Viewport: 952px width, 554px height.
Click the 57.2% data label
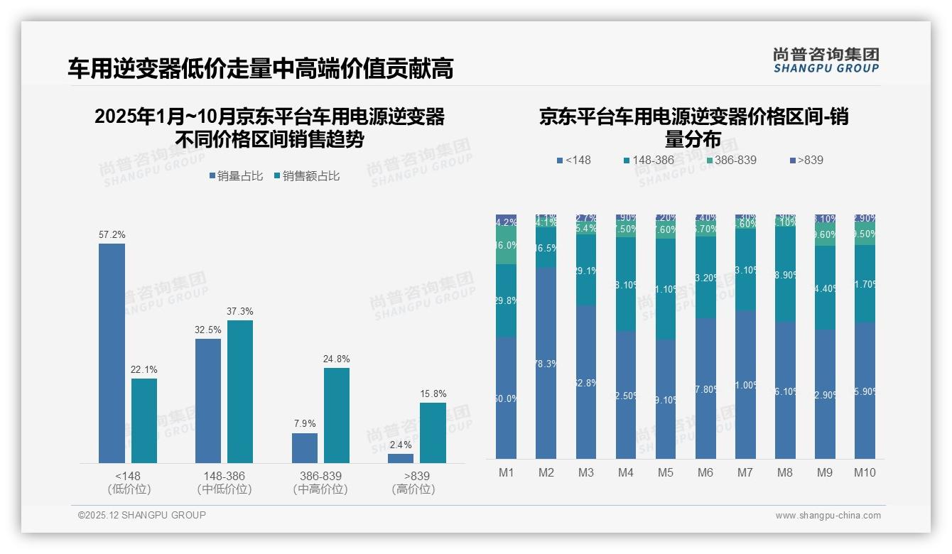112,234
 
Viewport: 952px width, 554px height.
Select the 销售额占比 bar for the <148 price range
144,420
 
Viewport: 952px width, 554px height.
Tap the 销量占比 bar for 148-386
208,401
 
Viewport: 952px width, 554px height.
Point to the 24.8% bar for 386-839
337,415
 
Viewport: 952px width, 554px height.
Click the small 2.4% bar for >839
401,458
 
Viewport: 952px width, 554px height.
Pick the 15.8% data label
433,394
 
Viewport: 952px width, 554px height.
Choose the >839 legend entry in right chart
806,161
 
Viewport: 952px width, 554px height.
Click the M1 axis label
506,473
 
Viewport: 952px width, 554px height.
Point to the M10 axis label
864,473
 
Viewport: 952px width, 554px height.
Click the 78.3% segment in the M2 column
546,363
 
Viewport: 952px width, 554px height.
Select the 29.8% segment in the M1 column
506,300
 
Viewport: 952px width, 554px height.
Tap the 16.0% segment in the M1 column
506,246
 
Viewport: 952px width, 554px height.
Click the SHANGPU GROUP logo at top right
826,60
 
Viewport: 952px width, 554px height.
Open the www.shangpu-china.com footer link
828,516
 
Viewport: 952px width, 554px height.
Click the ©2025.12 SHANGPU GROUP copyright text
142,516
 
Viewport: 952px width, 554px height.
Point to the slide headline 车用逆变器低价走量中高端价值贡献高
260,69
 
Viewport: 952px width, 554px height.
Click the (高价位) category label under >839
413,489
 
